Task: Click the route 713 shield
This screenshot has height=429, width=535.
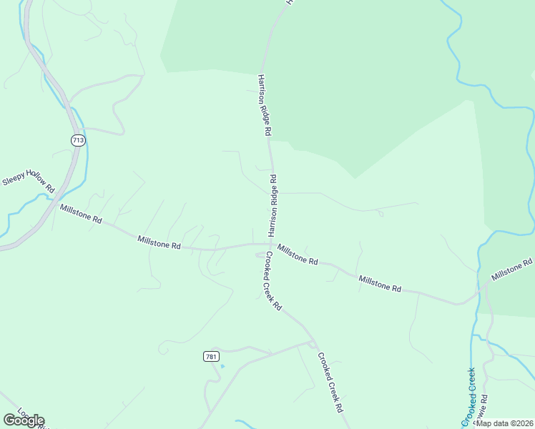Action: (78, 140)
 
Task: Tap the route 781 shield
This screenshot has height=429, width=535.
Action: (210, 356)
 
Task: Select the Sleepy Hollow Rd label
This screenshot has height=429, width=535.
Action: (29, 179)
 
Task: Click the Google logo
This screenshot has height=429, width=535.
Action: (24, 420)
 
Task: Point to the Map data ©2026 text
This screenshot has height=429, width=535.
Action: (504, 423)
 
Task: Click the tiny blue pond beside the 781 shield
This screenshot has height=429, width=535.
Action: (222, 366)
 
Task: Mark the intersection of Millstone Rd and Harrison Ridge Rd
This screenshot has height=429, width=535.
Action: (270, 244)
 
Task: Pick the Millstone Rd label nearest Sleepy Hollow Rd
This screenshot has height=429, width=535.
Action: (81, 214)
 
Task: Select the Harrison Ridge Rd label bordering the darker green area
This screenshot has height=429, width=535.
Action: (265, 105)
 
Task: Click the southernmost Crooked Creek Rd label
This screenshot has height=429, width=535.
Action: (331, 383)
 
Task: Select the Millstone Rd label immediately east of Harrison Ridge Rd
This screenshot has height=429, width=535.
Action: (298, 255)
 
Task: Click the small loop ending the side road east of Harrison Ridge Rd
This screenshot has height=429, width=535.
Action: (380, 212)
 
